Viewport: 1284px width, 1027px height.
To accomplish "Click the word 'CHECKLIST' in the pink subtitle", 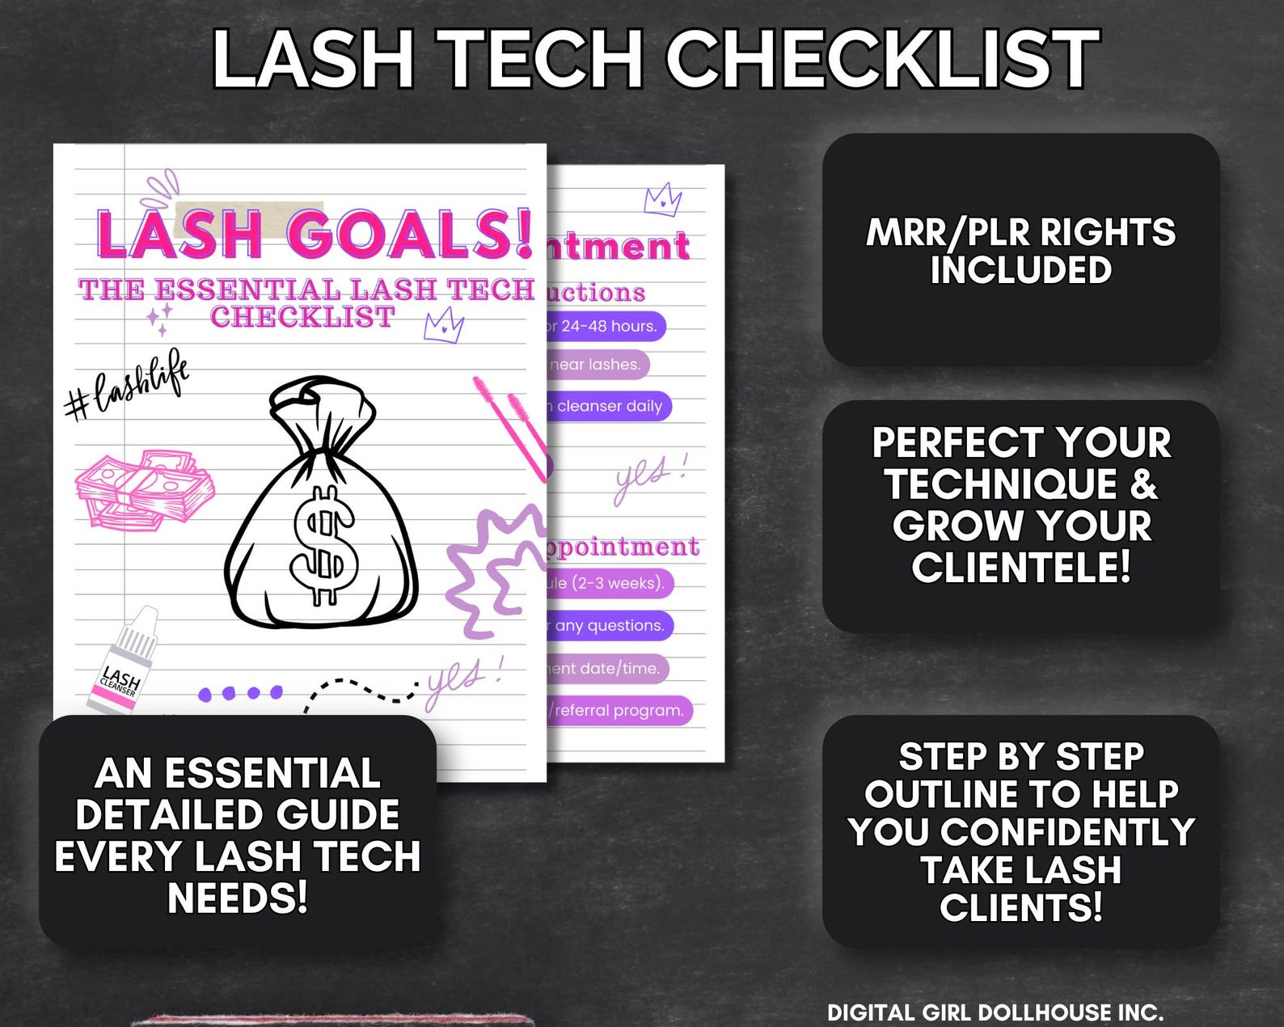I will [302, 316].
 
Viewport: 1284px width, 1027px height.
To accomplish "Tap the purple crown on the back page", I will [662, 198].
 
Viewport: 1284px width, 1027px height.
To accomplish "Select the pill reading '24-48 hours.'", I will [605, 326].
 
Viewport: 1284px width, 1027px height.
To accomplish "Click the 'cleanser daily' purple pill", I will [608, 406].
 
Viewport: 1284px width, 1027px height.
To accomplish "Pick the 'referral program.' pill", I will [619, 710].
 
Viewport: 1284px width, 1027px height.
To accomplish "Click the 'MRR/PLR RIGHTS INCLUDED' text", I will [1020, 251].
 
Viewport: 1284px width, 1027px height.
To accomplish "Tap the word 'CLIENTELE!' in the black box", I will [1020, 567].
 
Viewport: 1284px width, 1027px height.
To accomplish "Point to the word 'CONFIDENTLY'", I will [1067, 831].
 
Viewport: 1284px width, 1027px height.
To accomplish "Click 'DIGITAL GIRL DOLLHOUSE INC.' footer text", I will [995, 1012].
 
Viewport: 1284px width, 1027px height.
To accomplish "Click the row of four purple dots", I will [240, 693].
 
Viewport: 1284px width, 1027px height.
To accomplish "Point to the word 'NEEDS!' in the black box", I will [238, 897].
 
